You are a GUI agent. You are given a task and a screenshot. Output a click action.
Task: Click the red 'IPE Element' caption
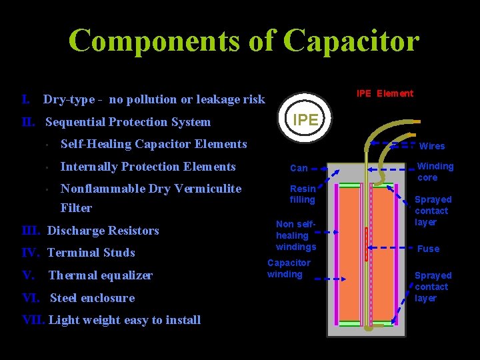click(x=385, y=93)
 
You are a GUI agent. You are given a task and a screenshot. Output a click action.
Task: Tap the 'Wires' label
click(x=431, y=146)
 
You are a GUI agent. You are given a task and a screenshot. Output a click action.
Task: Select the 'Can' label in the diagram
click(x=299, y=169)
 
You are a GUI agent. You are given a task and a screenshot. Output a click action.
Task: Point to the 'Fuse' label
click(x=428, y=249)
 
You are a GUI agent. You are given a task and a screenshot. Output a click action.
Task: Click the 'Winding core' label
click(x=435, y=172)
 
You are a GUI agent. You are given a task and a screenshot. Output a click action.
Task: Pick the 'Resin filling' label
click(x=302, y=194)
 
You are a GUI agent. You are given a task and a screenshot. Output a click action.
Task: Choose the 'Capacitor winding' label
click(x=288, y=269)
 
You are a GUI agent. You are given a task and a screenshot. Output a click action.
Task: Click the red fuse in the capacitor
click(x=366, y=244)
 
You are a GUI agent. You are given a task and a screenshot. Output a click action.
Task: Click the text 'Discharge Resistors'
click(x=103, y=231)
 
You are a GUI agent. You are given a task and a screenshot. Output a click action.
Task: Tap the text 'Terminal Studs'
click(x=91, y=253)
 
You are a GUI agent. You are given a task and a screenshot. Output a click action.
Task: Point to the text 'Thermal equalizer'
click(x=101, y=275)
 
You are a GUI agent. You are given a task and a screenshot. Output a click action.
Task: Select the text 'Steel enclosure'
click(x=92, y=298)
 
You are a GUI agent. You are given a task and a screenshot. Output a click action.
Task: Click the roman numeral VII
click(x=33, y=320)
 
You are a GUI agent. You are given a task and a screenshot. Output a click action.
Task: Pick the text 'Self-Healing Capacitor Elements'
click(x=153, y=144)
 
